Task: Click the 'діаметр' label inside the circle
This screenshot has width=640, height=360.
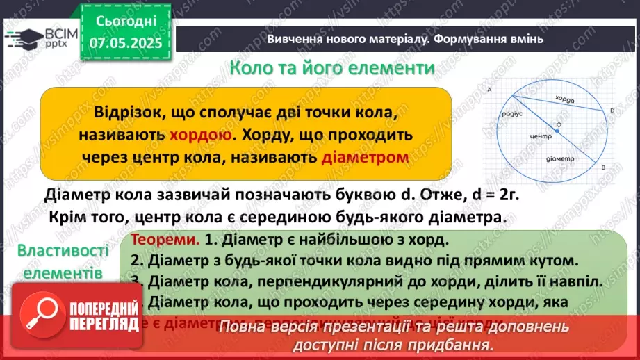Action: tap(568, 158)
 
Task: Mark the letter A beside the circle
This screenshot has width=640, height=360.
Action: tap(490, 90)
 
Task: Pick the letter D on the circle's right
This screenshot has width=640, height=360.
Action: tap(612, 111)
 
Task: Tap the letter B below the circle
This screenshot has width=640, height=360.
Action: tap(603, 168)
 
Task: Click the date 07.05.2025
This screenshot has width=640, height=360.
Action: tap(126, 43)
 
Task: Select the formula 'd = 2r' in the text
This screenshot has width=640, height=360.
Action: tap(489, 195)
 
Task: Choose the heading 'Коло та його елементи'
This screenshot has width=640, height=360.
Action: tap(333, 69)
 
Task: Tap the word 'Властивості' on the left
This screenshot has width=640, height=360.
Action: tap(63, 251)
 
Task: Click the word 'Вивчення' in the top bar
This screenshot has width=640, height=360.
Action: tap(293, 39)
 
